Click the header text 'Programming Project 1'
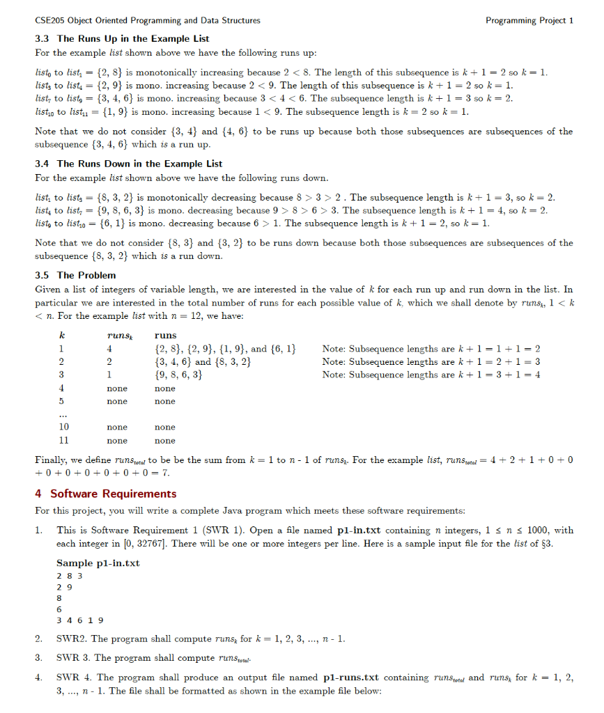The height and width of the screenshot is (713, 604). click(529, 20)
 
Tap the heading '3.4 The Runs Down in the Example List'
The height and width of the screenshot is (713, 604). click(128, 164)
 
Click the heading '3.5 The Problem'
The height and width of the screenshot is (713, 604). click(75, 275)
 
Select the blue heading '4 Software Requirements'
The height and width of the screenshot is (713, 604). click(105, 494)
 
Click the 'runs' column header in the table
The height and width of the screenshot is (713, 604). click(165, 335)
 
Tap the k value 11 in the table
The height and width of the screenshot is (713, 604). click(63, 441)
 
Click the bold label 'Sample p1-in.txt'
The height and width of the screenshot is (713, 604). click(98, 563)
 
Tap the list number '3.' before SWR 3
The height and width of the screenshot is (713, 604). click(40, 657)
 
